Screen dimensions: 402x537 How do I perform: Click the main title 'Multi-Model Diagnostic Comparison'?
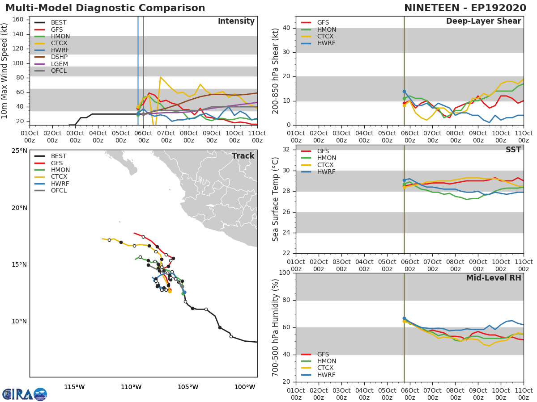click(x=105, y=8)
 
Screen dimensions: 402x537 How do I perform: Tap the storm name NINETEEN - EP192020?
click(x=465, y=8)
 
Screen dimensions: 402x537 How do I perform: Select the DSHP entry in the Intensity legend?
click(x=59, y=57)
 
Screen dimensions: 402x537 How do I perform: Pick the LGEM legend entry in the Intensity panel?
click(x=59, y=64)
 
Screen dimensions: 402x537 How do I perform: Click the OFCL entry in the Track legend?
click(x=59, y=191)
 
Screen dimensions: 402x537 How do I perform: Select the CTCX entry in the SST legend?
click(x=326, y=165)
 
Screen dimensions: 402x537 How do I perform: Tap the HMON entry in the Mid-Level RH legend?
click(x=326, y=361)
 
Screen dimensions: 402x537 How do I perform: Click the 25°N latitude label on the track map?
click(x=19, y=151)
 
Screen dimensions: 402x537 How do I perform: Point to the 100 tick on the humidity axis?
click(x=284, y=273)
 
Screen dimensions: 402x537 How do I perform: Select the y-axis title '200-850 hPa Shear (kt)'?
click(x=276, y=71)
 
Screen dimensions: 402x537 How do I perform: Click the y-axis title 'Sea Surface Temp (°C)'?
click(x=276, y=199)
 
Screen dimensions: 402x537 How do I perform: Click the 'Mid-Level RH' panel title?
click(x=494, y=278)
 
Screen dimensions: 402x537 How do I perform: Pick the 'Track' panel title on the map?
click(x=243, y=156)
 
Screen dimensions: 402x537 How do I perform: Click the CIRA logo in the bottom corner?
click(x=25, y=394)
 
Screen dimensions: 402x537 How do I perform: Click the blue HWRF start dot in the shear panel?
click(x=404, y=92)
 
